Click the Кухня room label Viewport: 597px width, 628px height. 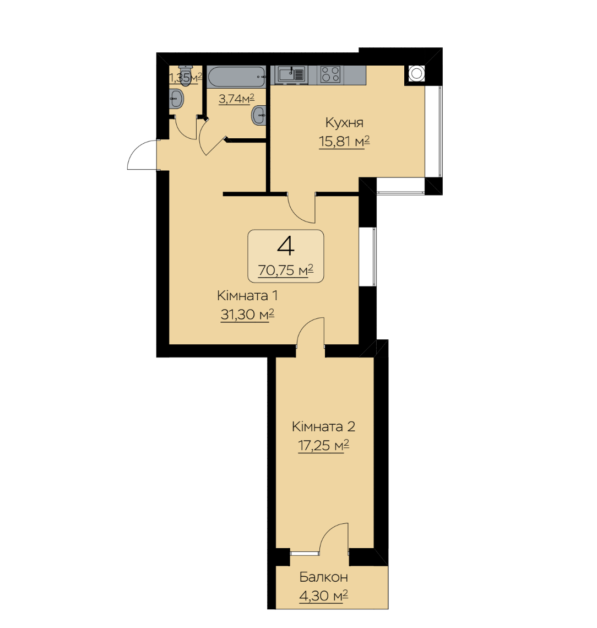[x=344, y=122]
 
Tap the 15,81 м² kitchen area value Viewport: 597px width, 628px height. [x=344, y=142]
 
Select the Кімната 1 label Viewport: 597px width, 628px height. [x=247, y=296]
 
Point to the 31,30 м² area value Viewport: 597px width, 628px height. [x=247, y=315]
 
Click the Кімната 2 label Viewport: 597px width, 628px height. [x=323, y=426]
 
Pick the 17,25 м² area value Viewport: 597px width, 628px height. [x=323, y=445]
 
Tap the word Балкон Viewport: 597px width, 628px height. [x=323, y=577]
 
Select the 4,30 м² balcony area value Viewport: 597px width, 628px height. [x=323, y=596]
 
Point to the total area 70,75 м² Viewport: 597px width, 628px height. [x=285, y=270]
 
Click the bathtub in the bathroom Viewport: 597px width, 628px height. [x=237, y=77]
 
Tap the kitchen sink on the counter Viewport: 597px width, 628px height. [x=291, y=74]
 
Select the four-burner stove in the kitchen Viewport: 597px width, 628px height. [x=330, y=74]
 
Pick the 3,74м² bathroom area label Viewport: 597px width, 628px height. [x=236, y=99]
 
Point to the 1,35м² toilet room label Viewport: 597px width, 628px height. [x=186, y=77]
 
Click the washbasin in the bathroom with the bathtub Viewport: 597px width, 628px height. [x=259, y=115]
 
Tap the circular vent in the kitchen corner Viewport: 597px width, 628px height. [x=416, y=73]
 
